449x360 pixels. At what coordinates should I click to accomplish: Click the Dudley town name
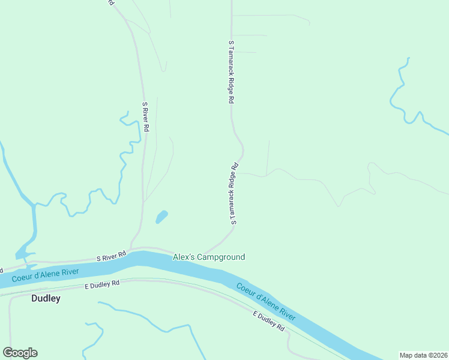[46, 298]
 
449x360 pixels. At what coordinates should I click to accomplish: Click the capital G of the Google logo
[9, 353]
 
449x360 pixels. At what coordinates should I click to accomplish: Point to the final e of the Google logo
[34, 353]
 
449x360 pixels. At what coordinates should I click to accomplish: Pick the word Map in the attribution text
[406, 355]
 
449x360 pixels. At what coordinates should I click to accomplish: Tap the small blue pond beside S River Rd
[161, 217]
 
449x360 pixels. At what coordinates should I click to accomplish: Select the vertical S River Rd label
[145, 117]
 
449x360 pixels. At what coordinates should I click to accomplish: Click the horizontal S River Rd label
[111, 257]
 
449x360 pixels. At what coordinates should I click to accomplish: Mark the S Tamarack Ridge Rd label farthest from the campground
[231, 73]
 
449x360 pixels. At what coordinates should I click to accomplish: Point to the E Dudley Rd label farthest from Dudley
[268, 321]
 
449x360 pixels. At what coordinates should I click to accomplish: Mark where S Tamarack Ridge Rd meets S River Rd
[204, 252]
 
